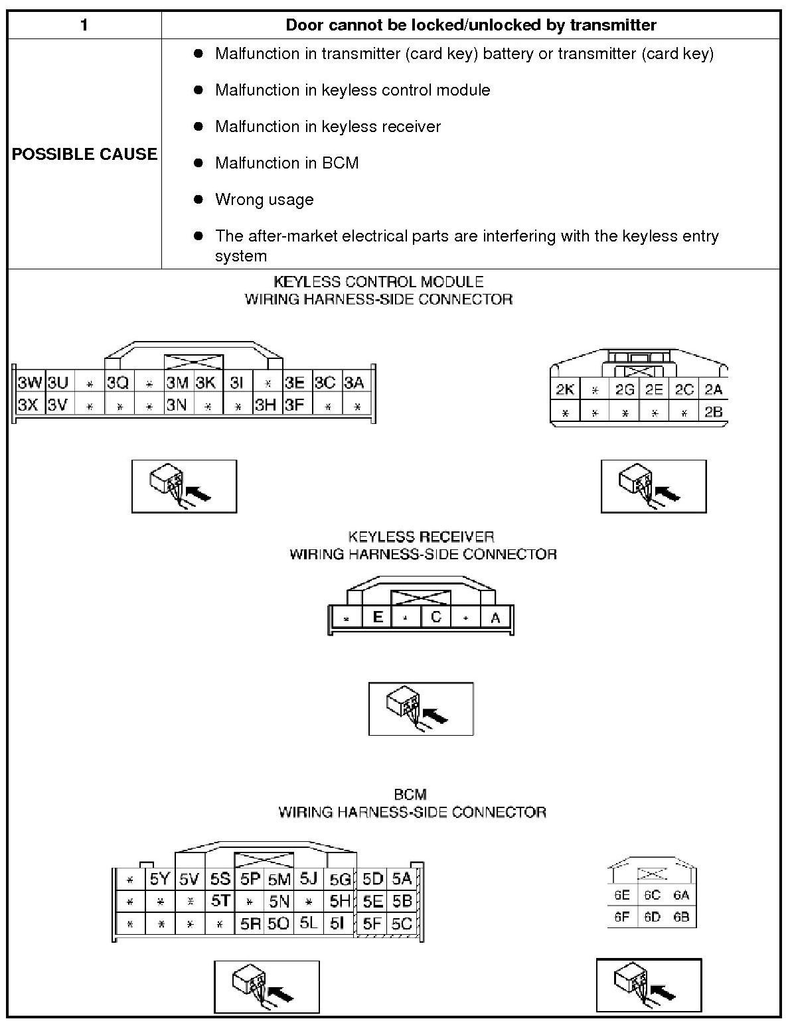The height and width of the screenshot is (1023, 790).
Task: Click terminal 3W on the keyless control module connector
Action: (x=29, y=383)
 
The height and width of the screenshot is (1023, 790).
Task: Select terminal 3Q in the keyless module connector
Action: (x=118, y=383)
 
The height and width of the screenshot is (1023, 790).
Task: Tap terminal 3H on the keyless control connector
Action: (x=266, y=405)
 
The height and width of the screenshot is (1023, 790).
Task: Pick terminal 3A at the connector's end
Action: (x=355, y=383)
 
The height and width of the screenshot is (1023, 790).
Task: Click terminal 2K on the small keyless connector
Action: (x=565, y=389)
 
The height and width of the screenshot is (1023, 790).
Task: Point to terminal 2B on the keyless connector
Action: (x=713, y=412)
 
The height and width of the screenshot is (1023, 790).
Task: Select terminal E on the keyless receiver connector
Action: (x=378, y=618)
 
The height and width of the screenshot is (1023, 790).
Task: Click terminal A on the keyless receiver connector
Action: (x=495, y=618)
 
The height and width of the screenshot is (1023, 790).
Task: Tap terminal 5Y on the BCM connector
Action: (x=160, y=879)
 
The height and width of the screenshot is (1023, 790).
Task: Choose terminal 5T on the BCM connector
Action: (x=220, y=901)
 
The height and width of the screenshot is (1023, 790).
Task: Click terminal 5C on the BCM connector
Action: (x=402, y=923)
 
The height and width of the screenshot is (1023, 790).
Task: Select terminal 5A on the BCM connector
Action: (x=402, y=879)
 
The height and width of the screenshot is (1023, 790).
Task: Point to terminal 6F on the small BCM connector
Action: (x=621, y=917)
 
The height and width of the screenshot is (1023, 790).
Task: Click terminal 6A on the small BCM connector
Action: (x=681, y=895)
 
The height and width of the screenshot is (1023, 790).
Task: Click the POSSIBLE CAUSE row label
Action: (x=84, y=154)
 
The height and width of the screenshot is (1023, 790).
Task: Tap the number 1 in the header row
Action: (x=84, y=25)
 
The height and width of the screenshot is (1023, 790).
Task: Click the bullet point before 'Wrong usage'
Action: (x=198, y=199)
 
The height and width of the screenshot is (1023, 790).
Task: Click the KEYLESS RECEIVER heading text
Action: (x=421, y=537)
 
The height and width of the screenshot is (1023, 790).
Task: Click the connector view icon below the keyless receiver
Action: (x=421, y=709)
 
